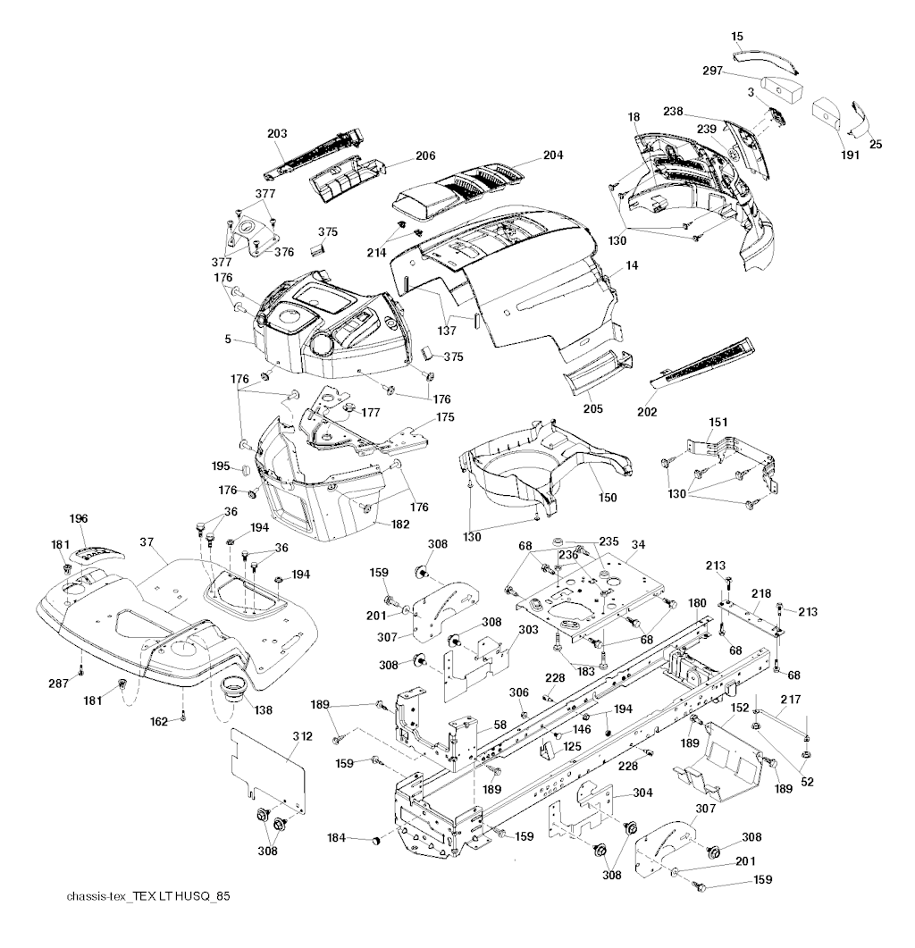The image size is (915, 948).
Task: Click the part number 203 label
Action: click(x=277, y=133)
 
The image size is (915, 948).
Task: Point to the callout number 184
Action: click(x=338, y=837)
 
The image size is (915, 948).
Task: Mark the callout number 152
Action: click(x=740, y=708)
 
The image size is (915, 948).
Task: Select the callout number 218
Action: click(x=760, y=593)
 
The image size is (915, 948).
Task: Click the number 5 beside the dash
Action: click(x=230, y=340)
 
